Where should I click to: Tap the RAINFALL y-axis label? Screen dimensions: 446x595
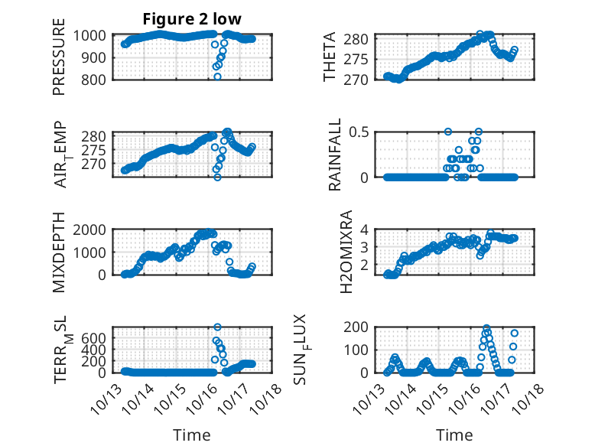[334, 155]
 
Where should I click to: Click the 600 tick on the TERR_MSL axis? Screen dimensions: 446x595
[98, 337]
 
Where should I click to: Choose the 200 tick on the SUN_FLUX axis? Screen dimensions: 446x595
[362, 327]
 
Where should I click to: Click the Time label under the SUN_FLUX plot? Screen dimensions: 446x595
[454, 435]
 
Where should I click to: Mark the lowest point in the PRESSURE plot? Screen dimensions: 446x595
[217, 77]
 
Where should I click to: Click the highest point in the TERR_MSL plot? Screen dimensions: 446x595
[217, 327]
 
